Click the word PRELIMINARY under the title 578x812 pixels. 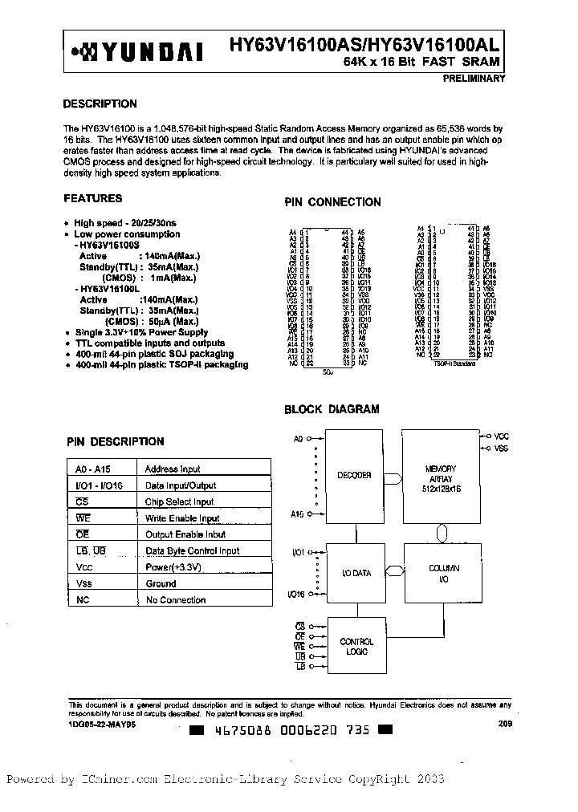pos(473,79)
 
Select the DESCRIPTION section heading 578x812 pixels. pos(100,104)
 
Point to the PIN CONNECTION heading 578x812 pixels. pos(332,202)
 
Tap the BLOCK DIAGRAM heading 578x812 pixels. pos(332,409)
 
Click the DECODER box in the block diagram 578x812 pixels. pos(354,476)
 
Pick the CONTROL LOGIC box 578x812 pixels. pos(356,647)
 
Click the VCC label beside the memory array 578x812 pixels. pos(502,436)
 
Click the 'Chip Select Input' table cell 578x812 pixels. pos(179,501)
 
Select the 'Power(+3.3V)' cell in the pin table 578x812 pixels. pos(173,567)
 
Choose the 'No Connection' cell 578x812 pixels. pos(175,600)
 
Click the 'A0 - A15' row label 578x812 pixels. pos(92,469)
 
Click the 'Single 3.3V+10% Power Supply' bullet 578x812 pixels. pos(141,332)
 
